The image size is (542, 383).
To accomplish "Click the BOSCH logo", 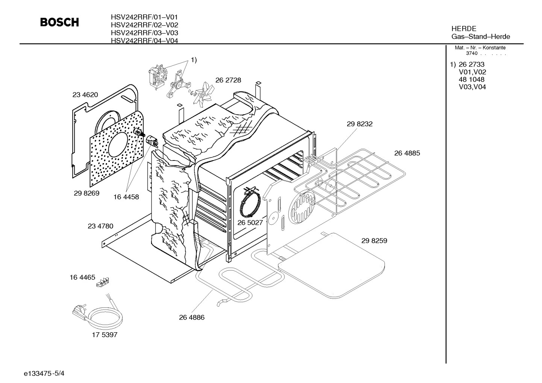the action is [x=59, y=22].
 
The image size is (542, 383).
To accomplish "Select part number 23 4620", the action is [x=85, y=95].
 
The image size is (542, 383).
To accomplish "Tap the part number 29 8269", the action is [x=86, y=193].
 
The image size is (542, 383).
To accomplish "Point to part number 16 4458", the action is [x=126, y=197].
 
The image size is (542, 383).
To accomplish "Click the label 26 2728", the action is [x=228, y=80].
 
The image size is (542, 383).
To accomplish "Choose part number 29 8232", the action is [x=360, y=124].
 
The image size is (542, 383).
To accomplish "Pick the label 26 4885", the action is [x=407, y=153].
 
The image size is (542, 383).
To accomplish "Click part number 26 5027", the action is [x=250, y=223].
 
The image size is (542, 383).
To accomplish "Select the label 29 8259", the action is [x=374, y=241].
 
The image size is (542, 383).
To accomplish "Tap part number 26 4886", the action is [x=192, y=318].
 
